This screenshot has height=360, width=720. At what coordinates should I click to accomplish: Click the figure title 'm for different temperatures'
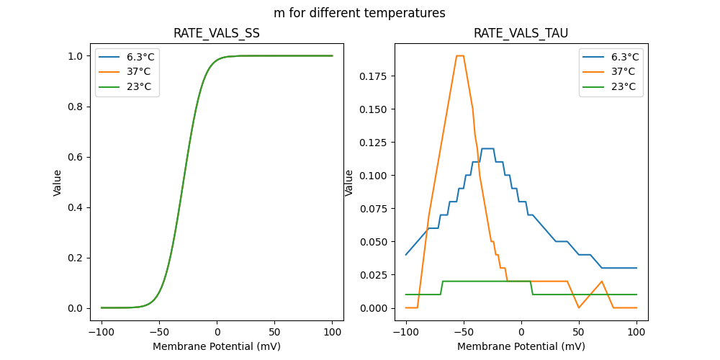coord(359,13)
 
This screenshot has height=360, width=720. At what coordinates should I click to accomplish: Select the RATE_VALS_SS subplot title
coord(217,33)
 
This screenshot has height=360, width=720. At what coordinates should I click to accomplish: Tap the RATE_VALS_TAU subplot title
coord(521,33)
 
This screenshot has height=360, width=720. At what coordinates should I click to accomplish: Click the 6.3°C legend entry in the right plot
coord(624,57)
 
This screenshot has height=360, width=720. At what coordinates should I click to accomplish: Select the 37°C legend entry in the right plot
coord(623,71)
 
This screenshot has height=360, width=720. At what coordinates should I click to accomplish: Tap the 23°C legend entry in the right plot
coord(623,86)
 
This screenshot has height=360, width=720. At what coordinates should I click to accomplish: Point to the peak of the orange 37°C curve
coord(460,55)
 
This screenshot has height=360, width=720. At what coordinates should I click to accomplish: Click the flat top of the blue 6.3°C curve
coord(487,148)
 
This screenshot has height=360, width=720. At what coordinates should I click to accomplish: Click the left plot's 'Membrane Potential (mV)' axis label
coord(217,346)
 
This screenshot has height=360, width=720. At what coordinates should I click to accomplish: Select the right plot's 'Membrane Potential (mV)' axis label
coord(521,346)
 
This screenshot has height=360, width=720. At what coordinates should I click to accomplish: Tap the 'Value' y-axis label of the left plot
coord(58,183)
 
